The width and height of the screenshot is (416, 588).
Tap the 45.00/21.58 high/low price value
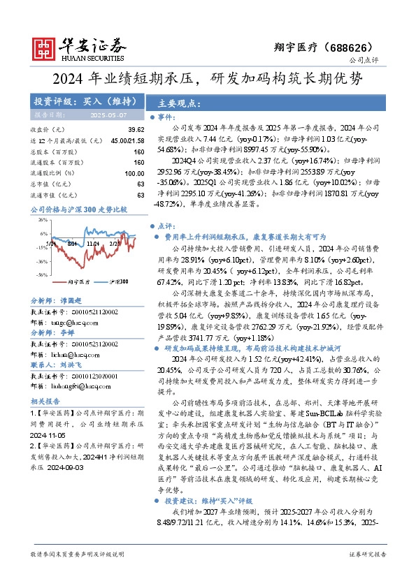[x=127, y=141]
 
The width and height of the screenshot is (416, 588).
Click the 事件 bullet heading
[x=166, y=118]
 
